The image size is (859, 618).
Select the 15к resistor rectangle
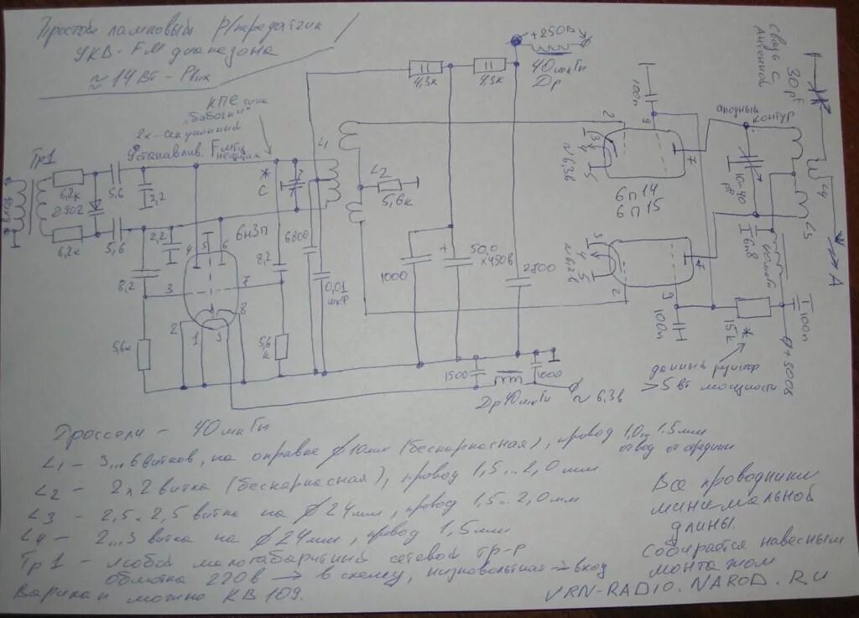pos(752,307)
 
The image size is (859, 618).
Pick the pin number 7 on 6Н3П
pos(245,278)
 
